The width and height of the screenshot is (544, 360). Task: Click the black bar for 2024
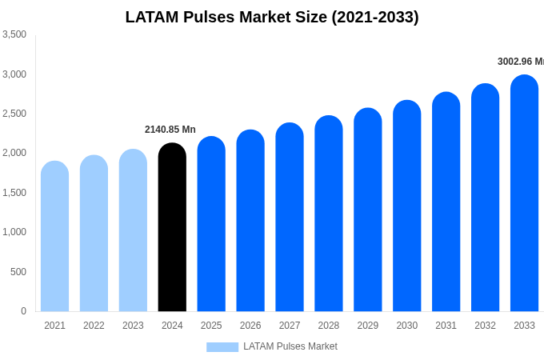click(172, 228)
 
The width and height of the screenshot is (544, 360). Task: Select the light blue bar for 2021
click(54, 237)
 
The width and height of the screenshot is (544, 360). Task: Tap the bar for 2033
click(524, 194)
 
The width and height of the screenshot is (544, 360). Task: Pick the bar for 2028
click(329, 214)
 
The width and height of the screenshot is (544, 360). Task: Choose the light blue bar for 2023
click(133, 230)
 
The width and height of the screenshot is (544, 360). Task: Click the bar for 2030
click(406, 206)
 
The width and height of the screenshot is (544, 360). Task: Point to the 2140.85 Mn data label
click(170, 130)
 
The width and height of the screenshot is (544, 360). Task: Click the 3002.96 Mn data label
click(520, 62)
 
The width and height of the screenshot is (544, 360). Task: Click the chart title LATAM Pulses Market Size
click(272, 17)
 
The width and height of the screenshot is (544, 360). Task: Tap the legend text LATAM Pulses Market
click(290, 346)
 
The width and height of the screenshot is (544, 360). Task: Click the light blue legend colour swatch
click(222, 347)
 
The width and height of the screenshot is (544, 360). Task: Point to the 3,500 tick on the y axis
click(14, 34)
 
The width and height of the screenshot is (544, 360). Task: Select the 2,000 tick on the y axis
click(14, 153)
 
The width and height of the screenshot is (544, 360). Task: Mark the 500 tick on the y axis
click(18, 272)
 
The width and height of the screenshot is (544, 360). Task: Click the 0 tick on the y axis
click(23, 311)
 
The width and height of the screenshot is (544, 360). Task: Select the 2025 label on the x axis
click(211, 326)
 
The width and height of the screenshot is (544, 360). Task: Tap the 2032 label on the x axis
click(485, 326)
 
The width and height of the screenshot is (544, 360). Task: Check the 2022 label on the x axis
click(94, 326)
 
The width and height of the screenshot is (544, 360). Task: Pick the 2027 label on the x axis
click(290, 326)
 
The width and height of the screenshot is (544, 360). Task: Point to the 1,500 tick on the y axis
click(14, 193)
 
